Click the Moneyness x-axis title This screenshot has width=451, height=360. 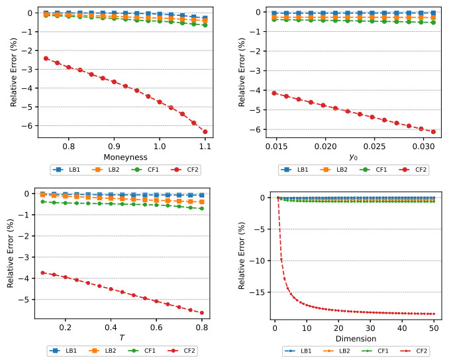126,156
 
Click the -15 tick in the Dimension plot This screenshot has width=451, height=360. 262,292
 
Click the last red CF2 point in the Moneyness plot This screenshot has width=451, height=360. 205,131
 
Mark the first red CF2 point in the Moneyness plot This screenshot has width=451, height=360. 46,58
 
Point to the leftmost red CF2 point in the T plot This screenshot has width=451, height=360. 43,272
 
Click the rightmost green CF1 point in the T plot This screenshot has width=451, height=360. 201,208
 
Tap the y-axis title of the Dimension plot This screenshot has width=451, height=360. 242,252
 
